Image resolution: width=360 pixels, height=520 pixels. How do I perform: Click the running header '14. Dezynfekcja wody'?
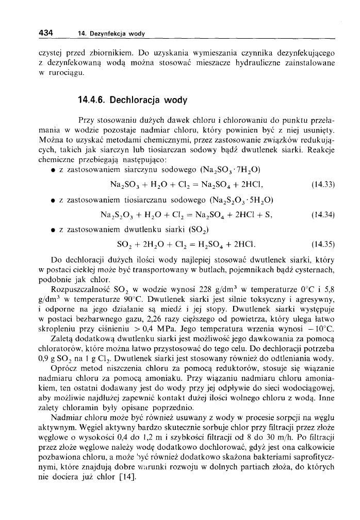[110, 34]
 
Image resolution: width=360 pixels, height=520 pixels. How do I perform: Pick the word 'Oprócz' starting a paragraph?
[66, 367]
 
